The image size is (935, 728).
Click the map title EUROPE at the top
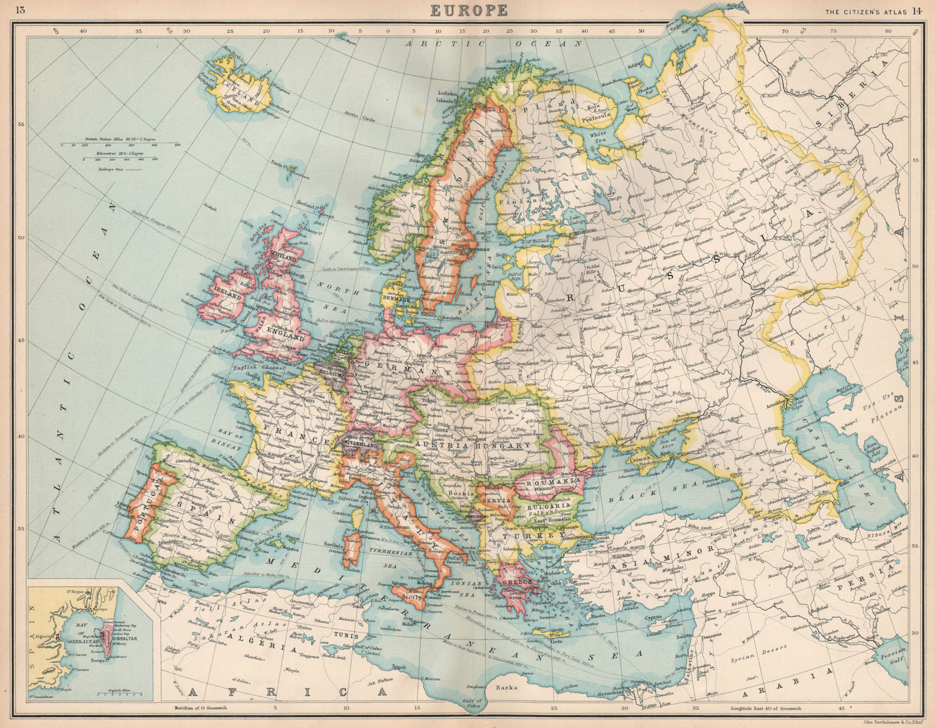pyautogui.click(x=469, y=10)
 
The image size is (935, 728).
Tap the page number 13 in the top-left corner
pyautogui.click(x=20, y=10)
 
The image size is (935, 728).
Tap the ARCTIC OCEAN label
pyautogui.click(x=495, y=43)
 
